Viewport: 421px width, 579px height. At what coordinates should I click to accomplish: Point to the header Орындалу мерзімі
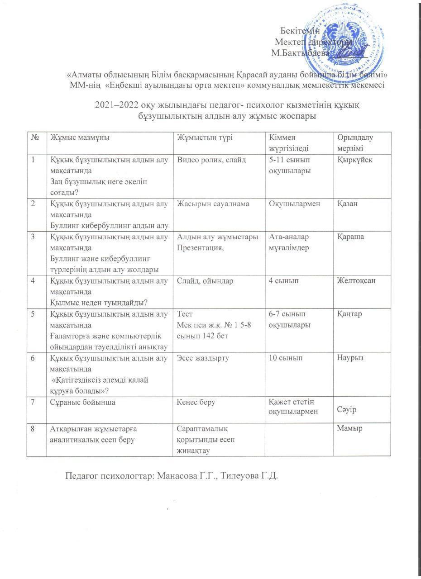point(355,143)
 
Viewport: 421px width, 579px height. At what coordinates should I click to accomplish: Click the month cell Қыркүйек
point(355,160)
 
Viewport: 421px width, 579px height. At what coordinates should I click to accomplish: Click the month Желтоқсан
point(357,281)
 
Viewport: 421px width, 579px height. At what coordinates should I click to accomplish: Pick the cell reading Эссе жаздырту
point(203,358)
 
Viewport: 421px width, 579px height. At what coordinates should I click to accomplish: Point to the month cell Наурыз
point(350,358)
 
